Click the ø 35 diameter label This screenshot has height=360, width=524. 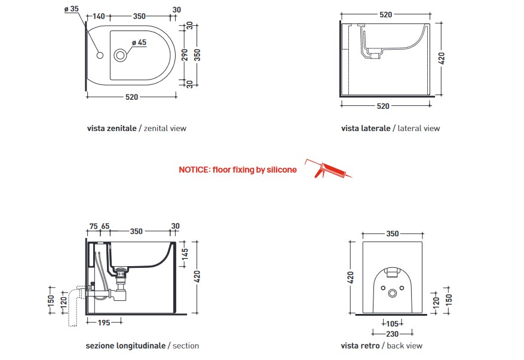(72, 9)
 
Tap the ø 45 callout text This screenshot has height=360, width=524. (139, 42)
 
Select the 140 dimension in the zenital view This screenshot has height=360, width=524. (99, 16)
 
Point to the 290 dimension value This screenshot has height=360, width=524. (185, 55)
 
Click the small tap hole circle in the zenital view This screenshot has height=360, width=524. (100, 55)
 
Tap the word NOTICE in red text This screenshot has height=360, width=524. (194, 170)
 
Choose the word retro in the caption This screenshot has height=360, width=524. (370, 346)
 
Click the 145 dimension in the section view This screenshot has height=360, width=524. (185, 254)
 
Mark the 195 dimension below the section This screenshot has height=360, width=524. (104, 322)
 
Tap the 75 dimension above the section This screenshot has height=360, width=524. (94, 227)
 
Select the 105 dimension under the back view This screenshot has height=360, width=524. (392, 324)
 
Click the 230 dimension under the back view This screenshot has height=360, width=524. (393, 334)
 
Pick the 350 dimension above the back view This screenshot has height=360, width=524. (393, 234)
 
